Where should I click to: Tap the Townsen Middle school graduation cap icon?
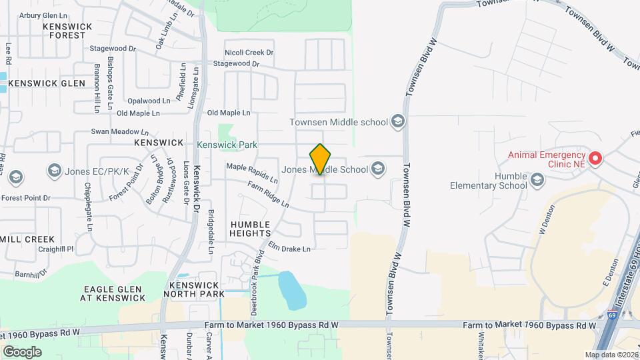coord(398,121)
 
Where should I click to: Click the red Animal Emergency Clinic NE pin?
coord(595,159)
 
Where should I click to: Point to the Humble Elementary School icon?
coord(537,179)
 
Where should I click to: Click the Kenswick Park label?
coord(227,144)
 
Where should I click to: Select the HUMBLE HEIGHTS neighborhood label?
coord(250,229)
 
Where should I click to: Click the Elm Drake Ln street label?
coord(289,248)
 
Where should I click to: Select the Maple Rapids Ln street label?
coord(252,173)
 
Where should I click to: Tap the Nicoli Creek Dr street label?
coord(249,52)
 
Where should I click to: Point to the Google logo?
coord(22,351)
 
